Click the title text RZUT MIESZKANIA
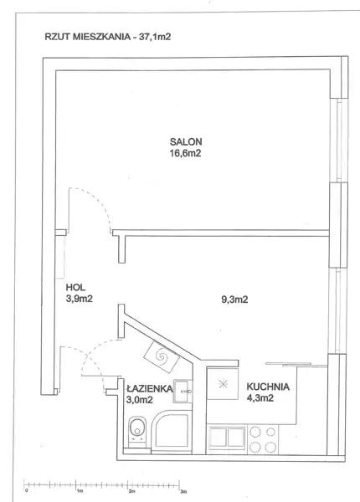click(87, 37)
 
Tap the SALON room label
click(186, 141)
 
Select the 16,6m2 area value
click(185, 153)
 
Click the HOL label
click(75, 287)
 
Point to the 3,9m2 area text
click(79, 299)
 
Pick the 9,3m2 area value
click(234, 300)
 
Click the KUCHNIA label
click(268, 387)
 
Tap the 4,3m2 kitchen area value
click(260, 398)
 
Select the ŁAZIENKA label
click(150, 388)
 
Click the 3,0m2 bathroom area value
click(140, 400)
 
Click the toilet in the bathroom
click(137, 431)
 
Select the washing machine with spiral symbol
click(162, 356)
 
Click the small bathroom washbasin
click(183, 391)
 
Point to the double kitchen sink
click(227, 438)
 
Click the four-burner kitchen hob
click(263, 439)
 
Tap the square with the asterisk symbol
click(223, 383)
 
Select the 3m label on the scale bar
click(183, 491)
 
